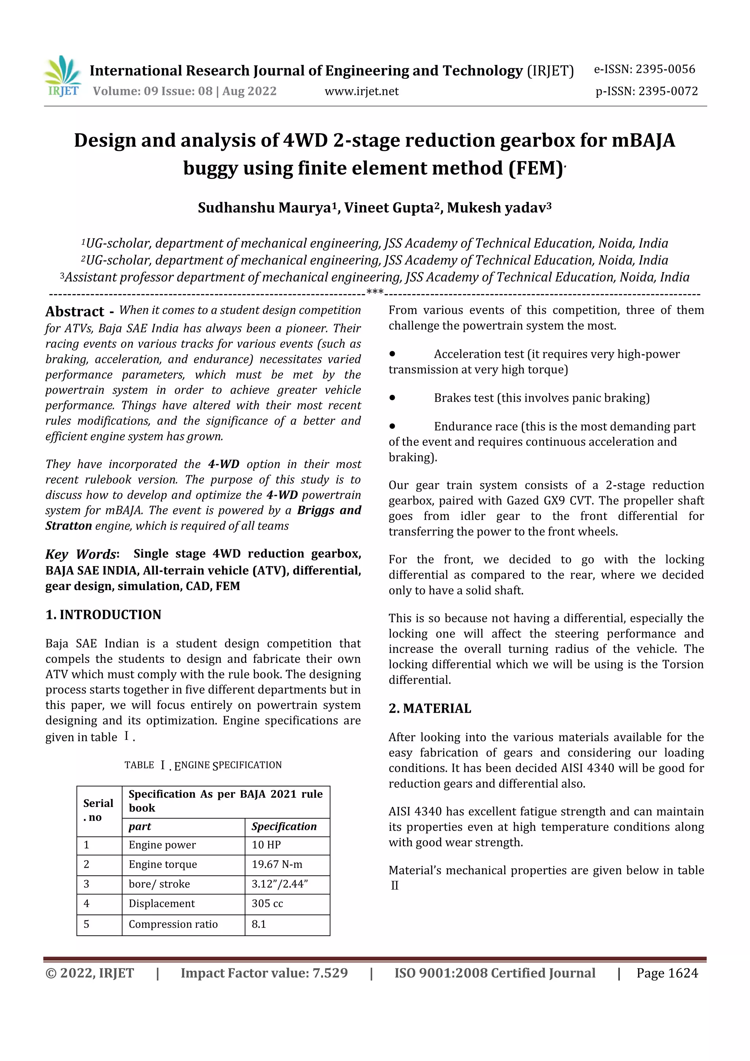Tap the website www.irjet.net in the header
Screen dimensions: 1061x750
tap(361, 92)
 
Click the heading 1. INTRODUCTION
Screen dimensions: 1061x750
tap(104, 615)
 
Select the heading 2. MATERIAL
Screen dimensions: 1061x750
tap(430, 708)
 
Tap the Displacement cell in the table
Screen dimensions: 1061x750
tap(162, 904)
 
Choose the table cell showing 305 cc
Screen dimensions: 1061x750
tap(267, 904)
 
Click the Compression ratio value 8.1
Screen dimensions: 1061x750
tap(259, 924)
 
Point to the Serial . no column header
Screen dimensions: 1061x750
tap(99, 810)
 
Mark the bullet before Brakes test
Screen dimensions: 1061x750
tap(392, 397)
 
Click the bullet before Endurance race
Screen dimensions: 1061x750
tap(392, 426)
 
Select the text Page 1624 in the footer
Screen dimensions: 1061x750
tap(667, 973)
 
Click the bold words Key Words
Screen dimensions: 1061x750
tap(81, 554)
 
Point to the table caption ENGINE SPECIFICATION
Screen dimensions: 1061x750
tap(228, 765)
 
